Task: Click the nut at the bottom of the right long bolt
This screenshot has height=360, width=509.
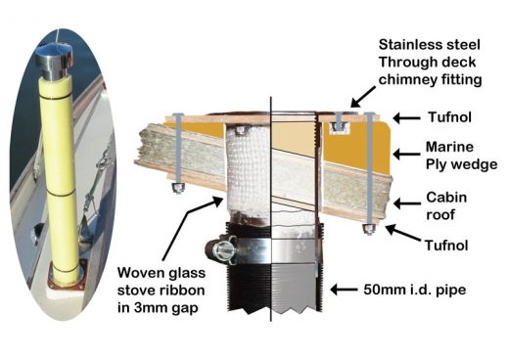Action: (x=369, y=231)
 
